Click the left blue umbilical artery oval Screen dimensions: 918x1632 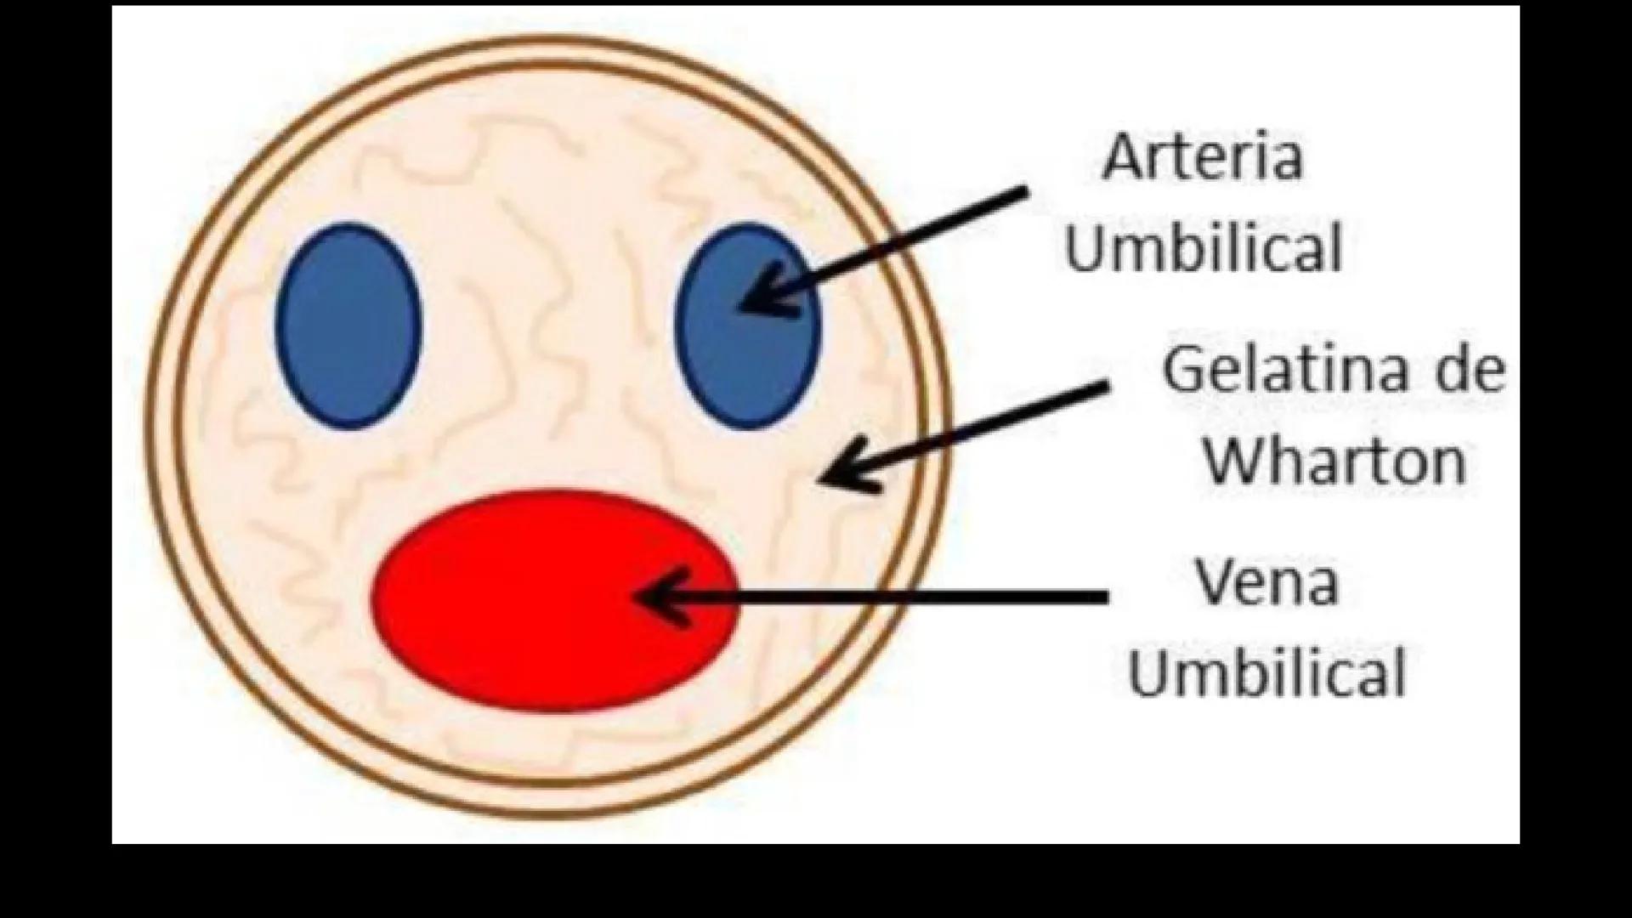348,326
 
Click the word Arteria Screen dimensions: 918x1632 1202,157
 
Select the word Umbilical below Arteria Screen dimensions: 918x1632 1203,247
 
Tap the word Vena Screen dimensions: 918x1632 1266,582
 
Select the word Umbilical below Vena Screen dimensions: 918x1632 1266,673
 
